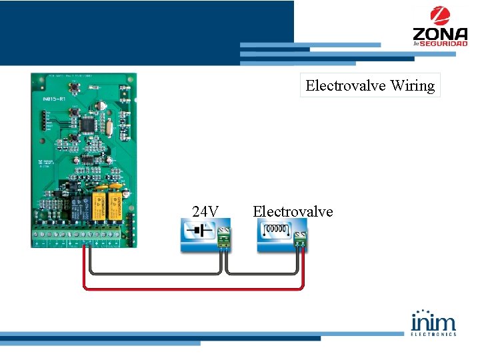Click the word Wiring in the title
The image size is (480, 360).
pos(413,85)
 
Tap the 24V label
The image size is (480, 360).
pos(205,211)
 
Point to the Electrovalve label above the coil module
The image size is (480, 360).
pos(293,211)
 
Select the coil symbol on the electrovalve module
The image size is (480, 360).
pos(275,231)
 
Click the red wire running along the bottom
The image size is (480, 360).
pos(193,289)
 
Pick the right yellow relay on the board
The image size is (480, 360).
pos(114,205)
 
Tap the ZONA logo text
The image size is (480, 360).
pos(439,33)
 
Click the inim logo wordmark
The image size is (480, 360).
pos(433,321)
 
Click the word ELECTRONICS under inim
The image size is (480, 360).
pos(433,334)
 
